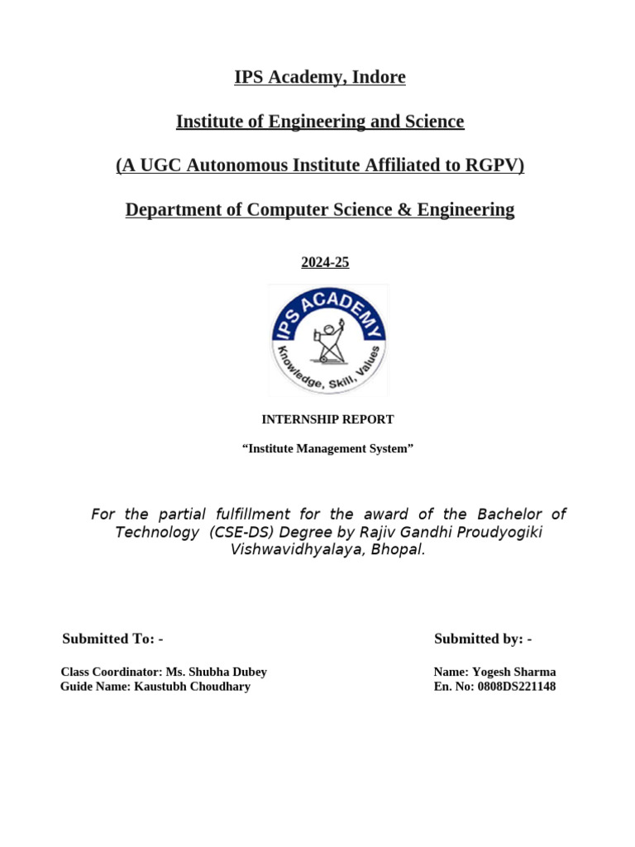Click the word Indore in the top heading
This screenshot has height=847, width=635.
point(379,78)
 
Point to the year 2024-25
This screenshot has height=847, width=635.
point(325,262)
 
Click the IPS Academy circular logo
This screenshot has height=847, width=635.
point(328,340)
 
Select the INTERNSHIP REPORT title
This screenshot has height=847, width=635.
point(327,419)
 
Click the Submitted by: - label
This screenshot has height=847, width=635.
point(483,639)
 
